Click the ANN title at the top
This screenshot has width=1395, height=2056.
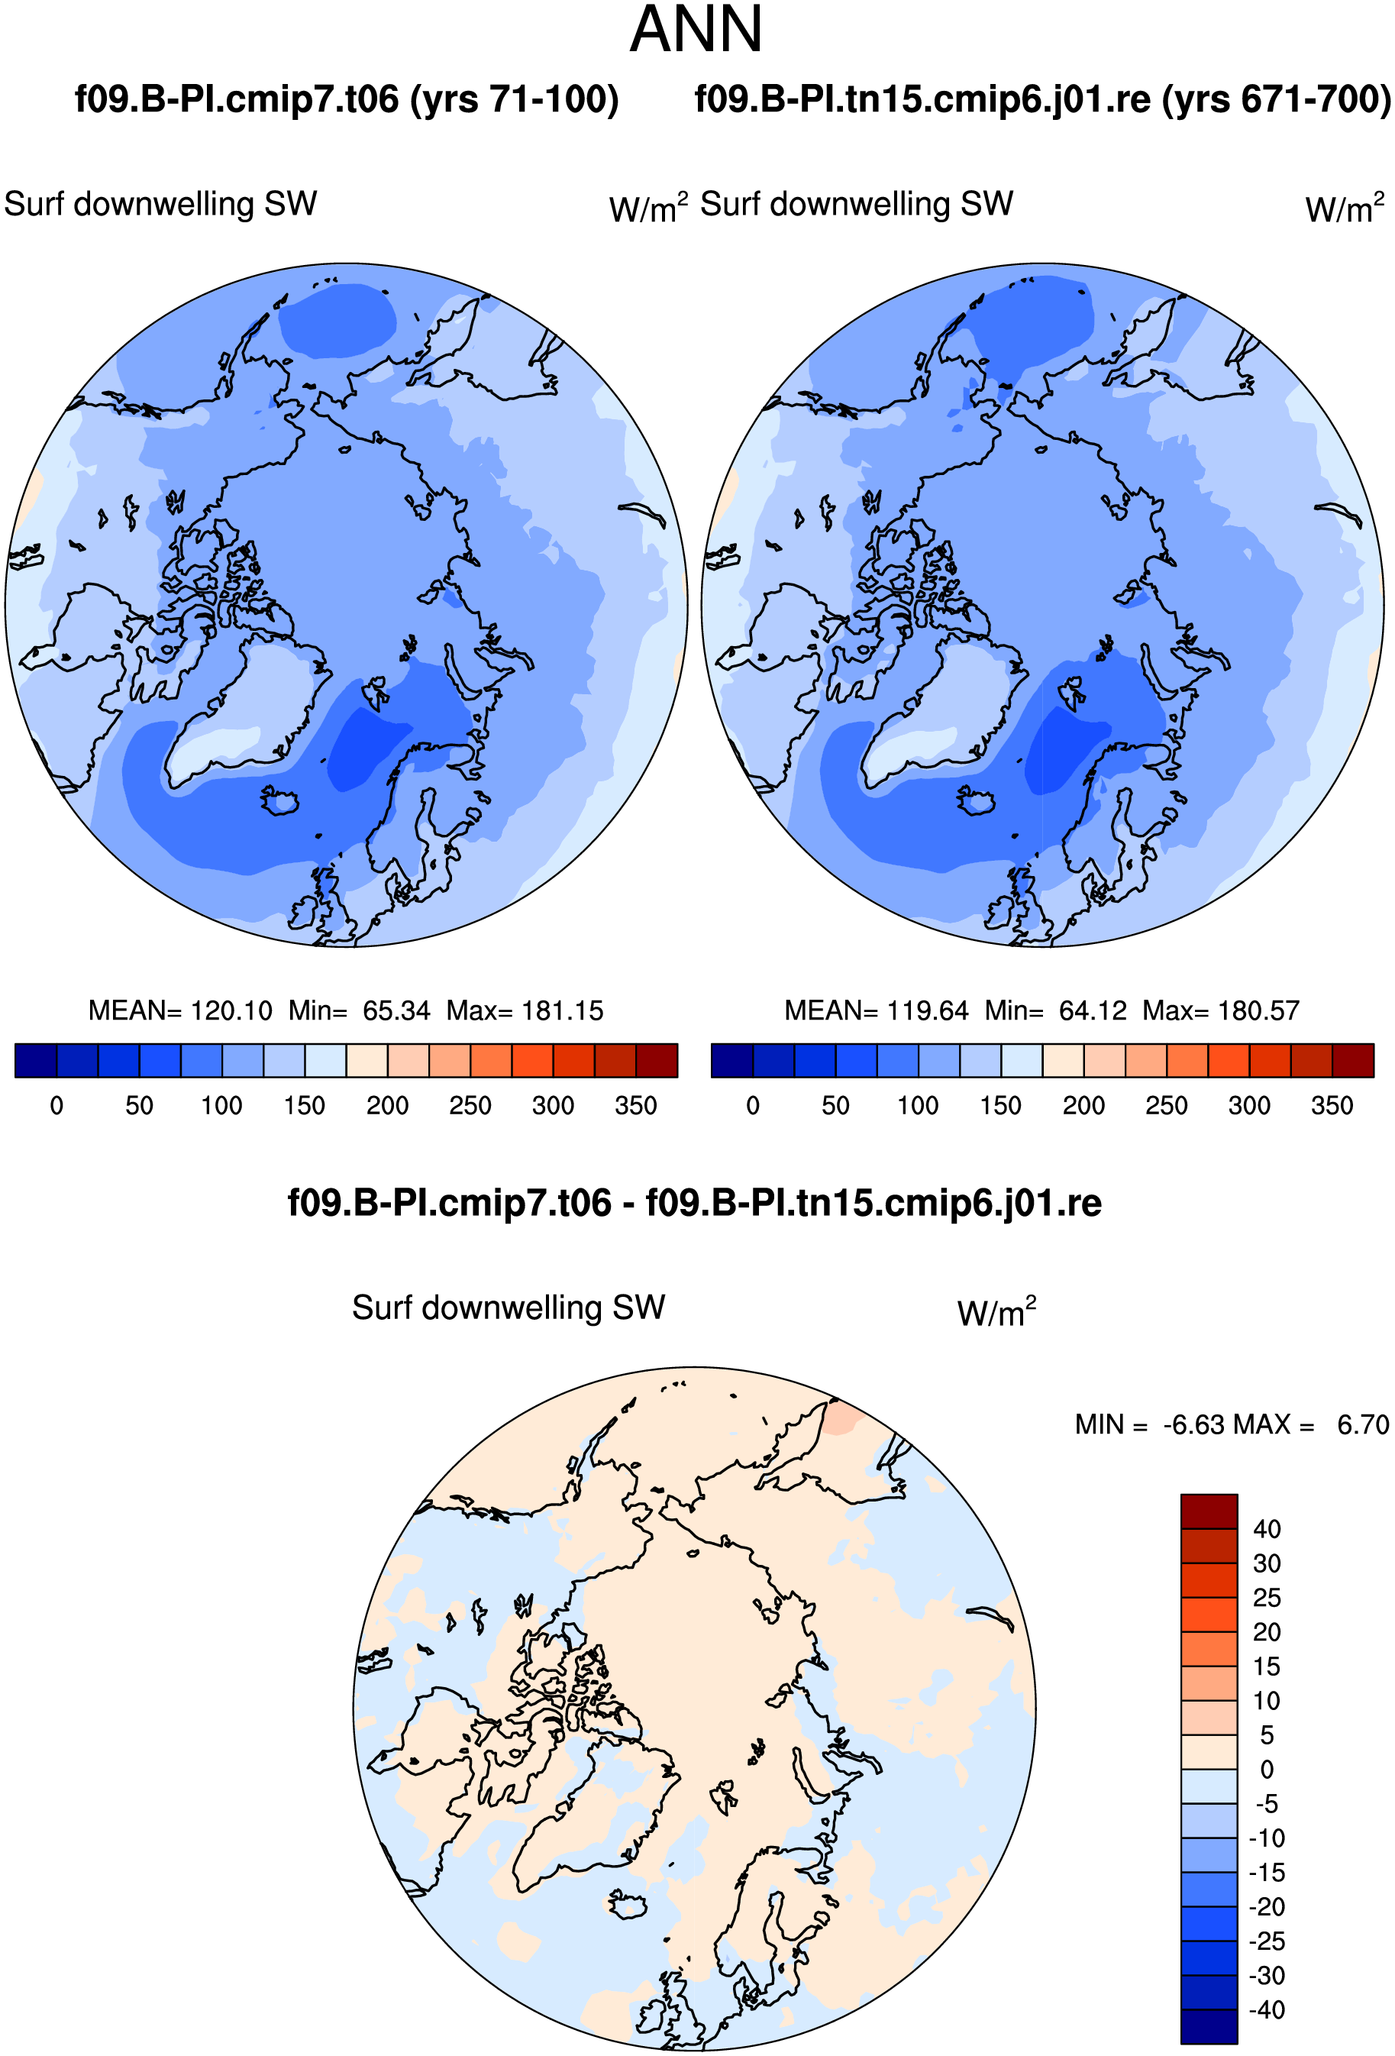tap(696, 29)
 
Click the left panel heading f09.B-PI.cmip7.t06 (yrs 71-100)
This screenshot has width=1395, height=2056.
tap(347, 99)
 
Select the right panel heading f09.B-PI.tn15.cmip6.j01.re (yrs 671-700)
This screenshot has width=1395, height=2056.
tap(1044, 99)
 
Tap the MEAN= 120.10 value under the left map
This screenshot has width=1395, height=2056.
tap(180, 1010)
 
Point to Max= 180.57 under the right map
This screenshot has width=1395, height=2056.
tap(1221, 1010)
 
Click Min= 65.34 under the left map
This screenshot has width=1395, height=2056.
tap(359, 1010)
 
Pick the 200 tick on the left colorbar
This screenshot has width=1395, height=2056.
tap(387, 1106)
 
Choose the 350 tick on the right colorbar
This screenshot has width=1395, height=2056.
tap(1332, 1106)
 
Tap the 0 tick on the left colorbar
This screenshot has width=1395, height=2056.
tap(57, 1106)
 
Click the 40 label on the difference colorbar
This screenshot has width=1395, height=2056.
tap(1267, 1529)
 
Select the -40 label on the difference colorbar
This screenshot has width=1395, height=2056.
tap(1267, 2010)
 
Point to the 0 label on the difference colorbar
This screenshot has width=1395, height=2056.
tap(1267, 1770)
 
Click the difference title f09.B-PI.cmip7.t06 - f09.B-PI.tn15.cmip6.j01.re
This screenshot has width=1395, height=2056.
tap(694, 1203)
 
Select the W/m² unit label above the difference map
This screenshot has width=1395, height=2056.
tap(997, 1311)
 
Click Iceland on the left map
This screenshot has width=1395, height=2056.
tap(279, 800)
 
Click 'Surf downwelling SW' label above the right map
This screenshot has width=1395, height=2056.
tap(856, 205)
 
